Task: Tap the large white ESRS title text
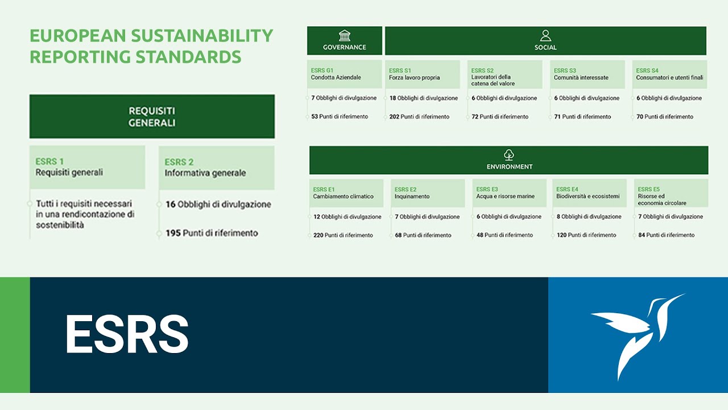tap(126, 335)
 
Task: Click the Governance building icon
tap(344, 35)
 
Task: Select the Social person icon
tap(545, 36)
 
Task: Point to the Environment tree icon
tap(509, 155)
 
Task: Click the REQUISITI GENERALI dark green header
tap(152, 116)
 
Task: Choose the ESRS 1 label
tap(49, 162)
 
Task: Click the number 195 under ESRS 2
tap(173, 233)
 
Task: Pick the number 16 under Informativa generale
tap(170, 204)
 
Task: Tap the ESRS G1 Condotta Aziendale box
tap(344, 74)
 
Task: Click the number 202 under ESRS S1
tap(394, 117)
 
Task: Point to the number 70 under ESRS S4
tap(639, 117)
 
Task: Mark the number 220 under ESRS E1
tap(318, 235)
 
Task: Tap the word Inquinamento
tap(412, 196)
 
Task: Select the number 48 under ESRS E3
tap(480, 235)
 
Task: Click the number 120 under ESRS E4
tap(561, 235)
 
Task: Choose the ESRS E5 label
tap(648, 190)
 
